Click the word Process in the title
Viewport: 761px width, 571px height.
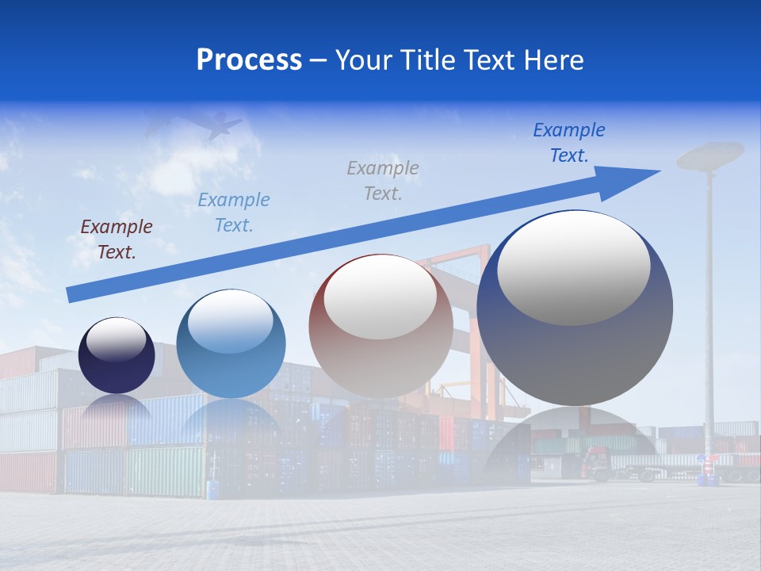tap(249, 60)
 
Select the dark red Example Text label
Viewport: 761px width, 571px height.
tap(117, 240)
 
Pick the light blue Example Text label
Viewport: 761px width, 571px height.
tap(234, 213)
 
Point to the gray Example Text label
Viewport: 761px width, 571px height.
tap(383, 181)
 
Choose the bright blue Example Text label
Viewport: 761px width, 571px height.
tap(569, 143)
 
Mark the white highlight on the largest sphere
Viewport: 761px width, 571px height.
tap(574, 267)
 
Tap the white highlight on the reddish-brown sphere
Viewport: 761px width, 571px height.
tap(380, 297)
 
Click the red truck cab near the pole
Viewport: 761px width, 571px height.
tap(596, 462)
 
